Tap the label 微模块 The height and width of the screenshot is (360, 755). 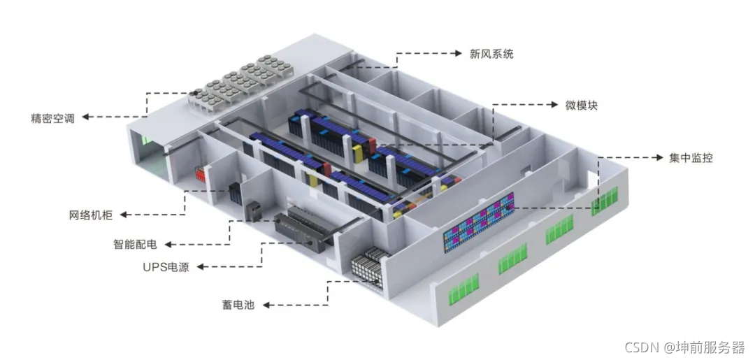pyautogui.click(x=581, y=106)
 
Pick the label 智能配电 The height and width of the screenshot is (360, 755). pyautogui.click(x=135, y=245)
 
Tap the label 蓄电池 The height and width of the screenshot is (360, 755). pyautogui.click(x=232, y=305)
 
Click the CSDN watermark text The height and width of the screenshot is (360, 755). pyautogui.click(x=684, y=347)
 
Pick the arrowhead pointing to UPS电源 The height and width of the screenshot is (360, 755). pyautogui.click(x=203, y=266)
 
